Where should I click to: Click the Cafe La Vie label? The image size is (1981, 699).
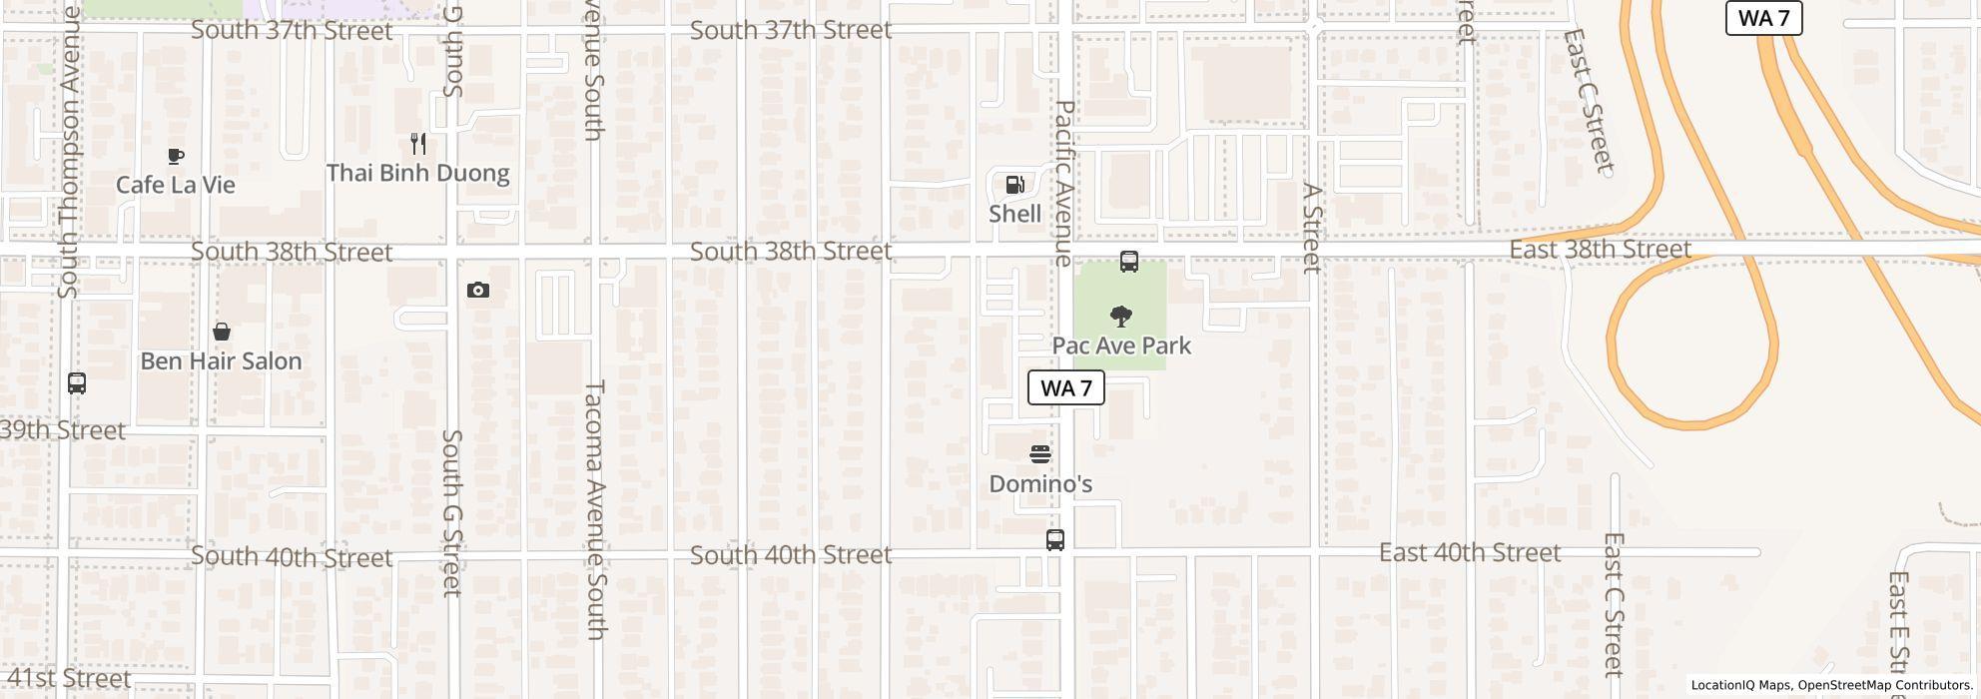click(176, 185)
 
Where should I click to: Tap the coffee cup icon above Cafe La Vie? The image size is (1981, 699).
click(176, 156)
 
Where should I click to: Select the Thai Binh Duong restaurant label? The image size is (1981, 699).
click(417, 173)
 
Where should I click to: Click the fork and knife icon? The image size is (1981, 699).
click(418, 144)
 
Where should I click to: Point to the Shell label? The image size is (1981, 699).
click(1014, 214)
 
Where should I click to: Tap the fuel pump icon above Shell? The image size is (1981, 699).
click(1014, 184)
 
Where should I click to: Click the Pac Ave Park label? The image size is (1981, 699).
click(1121, 346)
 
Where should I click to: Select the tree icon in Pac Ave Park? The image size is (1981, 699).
click(1121, 317)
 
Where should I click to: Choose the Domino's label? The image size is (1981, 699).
click(1040, 484)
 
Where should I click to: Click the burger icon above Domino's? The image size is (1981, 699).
click(1040, 454)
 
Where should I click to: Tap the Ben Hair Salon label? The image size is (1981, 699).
click(221, 360)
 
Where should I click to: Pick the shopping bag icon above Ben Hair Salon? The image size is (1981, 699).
click(222, 332)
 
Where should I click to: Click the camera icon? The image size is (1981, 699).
click(478, 291)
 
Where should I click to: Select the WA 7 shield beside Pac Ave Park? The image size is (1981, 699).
click(1065, 387)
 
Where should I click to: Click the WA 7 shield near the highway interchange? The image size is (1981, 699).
click(1763, 18)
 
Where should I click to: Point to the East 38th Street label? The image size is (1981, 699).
click(1600, 249)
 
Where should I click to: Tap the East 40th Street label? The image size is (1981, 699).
click(1469, 552)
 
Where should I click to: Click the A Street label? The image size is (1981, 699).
click(1313, 228)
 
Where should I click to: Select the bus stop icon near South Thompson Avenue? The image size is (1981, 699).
click(77, 382)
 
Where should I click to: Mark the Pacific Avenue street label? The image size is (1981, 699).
click(1064, 183)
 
